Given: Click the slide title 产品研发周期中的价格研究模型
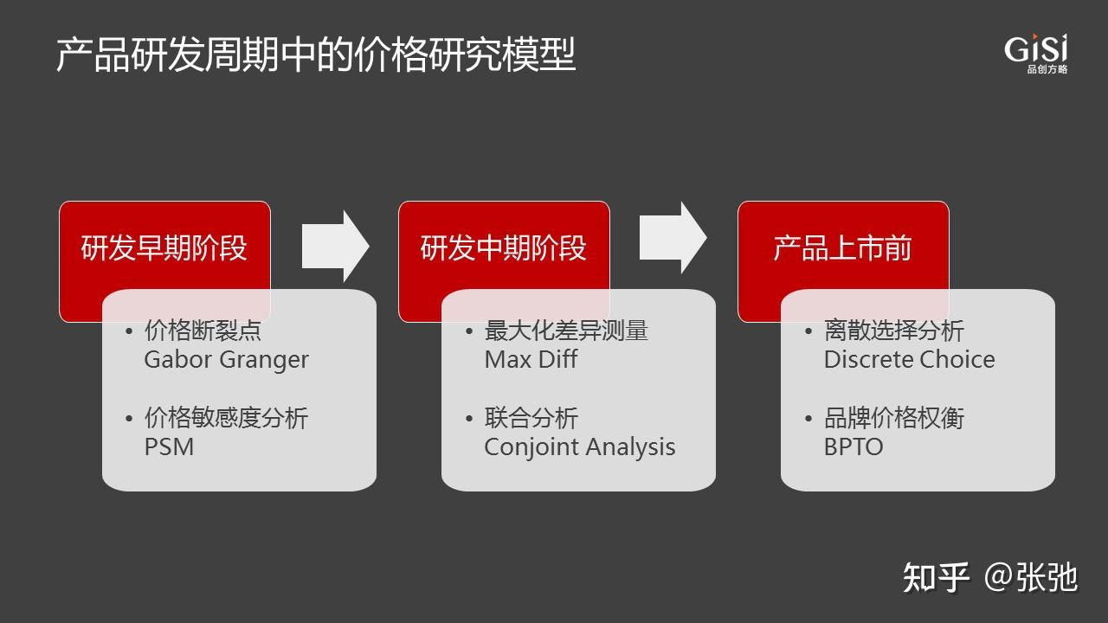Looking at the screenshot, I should tap(316, 55).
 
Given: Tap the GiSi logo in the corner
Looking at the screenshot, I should tap(1036, 54).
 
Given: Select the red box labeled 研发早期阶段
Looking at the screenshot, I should tap(164, 249).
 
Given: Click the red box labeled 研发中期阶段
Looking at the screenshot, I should tap(504, 249).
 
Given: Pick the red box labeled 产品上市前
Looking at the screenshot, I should tap(842, 249).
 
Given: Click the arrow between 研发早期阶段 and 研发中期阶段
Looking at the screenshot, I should tap(336, 246).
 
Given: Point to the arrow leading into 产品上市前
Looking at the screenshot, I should tap(673, 238).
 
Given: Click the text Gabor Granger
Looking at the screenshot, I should tap(226, 360).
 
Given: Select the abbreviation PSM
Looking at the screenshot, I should tap(169, 447).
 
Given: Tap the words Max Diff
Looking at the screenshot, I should tap(531, 360).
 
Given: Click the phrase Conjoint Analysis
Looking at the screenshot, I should tap(580, 447).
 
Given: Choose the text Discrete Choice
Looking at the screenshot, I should tap(909, 360).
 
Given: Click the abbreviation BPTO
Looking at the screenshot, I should tap(854, 447).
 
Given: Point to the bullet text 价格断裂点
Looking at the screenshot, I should tap(203, 331).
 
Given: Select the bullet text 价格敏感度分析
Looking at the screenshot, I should tap(226, 419).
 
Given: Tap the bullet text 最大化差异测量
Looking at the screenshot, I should tap(566, 331).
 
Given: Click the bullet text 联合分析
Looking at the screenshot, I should tap(531, 419).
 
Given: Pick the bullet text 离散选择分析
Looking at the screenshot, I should tap(893, 331).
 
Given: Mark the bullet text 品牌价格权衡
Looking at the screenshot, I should tap(893, 419).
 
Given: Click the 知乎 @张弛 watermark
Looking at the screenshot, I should tap(990, 577).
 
